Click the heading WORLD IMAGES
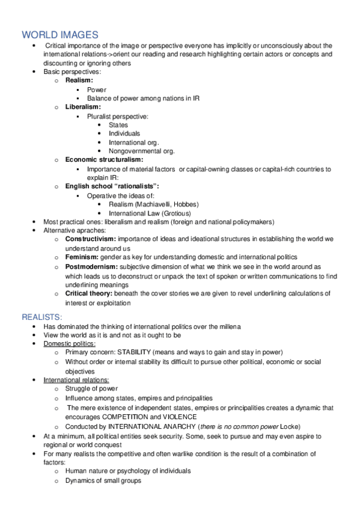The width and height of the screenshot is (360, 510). click(60, 35)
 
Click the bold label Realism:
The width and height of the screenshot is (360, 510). click(79, 81)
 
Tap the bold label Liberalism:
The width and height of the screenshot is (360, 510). click(83, 107)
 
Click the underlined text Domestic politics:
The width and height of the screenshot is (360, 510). click(69, 343)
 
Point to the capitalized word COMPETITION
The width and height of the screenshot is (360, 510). click(131, 416)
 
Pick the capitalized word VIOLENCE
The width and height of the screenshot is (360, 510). click(178, 416)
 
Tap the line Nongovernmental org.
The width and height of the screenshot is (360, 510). click(142, 151)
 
